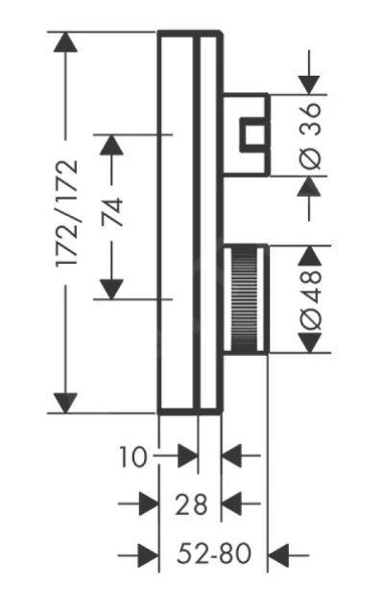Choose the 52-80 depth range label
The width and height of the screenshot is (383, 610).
pos(214,554)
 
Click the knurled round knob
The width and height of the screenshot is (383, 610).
pos(245,300)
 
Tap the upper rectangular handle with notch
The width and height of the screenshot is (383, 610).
pos(246,134)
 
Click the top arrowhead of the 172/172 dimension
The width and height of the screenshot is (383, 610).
pos(65,42)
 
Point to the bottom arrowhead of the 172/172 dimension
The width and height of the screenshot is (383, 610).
pos(65,403)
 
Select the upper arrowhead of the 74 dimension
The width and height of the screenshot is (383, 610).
pos(113,145)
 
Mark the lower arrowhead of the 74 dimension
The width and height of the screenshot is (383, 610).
pos(113,286)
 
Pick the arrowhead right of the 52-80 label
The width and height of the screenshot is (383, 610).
pos(279,554)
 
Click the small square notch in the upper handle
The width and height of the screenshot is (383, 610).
pos(253,134)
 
